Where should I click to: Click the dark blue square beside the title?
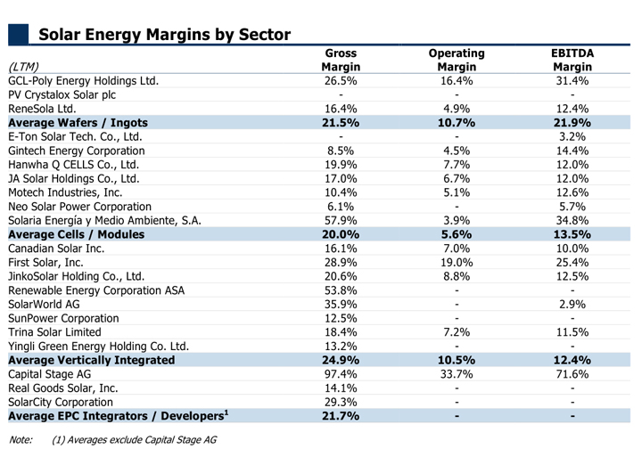[18, 34]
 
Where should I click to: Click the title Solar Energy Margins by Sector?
[165, 35]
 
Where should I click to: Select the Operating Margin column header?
[457, 60]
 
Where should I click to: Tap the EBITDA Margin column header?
[572, 60]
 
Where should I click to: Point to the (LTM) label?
[23, 67]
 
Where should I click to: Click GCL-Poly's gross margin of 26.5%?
[341, 80]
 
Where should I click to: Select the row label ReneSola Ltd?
[42, 109]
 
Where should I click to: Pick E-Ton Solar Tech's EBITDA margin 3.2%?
[572, 136]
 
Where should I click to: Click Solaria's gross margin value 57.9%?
[341, 221]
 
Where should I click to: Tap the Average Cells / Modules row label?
[77, 234]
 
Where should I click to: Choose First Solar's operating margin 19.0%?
[457, 262]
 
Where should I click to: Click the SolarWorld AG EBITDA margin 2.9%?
[572, 305]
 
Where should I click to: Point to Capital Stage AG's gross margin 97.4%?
[341, 374]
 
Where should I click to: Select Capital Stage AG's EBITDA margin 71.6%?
[572, 374]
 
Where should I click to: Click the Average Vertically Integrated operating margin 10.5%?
[457, 360]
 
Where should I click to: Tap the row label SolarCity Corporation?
[61, 402]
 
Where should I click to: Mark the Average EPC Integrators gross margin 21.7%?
[341, 416]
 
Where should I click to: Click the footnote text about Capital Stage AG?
[135, 440]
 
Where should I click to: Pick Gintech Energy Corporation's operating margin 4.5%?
[457, 151]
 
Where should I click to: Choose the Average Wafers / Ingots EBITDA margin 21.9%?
[572, 123]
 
